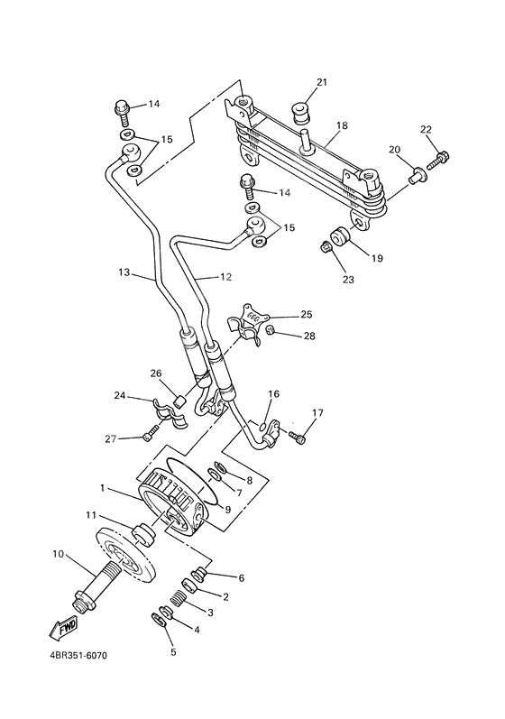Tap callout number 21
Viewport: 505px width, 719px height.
(321, 84)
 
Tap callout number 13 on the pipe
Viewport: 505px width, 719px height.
(124, 272)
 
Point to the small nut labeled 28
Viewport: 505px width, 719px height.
(270, 333)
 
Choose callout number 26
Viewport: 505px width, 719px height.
(155, 373)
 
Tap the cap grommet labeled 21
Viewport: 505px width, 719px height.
(298, 114)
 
